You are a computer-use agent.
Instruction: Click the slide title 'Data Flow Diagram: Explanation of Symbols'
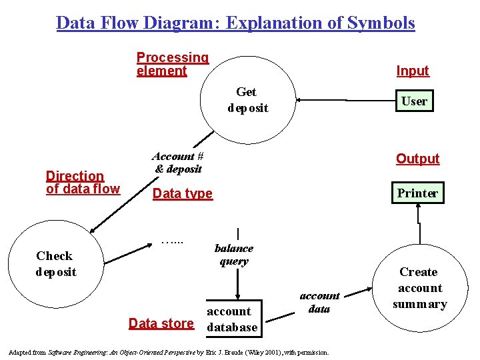click(235, 23)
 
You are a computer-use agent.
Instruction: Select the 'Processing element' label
click(172, 64)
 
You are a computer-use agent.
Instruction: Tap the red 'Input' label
click(413, 71)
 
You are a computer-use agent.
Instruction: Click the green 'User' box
click(413, 101)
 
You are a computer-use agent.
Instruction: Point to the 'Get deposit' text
click(247, 100)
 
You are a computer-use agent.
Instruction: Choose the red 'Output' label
click(417, 159)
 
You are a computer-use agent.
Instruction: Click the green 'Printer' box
click(417, 193)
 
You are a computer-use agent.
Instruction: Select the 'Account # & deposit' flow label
click(177, 163)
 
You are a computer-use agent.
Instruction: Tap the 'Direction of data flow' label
click(83, 182)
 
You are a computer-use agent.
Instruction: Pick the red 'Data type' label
click(182, 193)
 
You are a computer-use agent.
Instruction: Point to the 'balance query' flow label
click(233, 255)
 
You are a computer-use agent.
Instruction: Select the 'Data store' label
click(161, 323)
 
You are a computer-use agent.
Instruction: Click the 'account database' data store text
click(231, 319)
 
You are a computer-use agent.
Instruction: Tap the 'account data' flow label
click(319, 302)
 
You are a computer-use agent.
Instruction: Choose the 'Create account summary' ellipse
click(419, 288)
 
